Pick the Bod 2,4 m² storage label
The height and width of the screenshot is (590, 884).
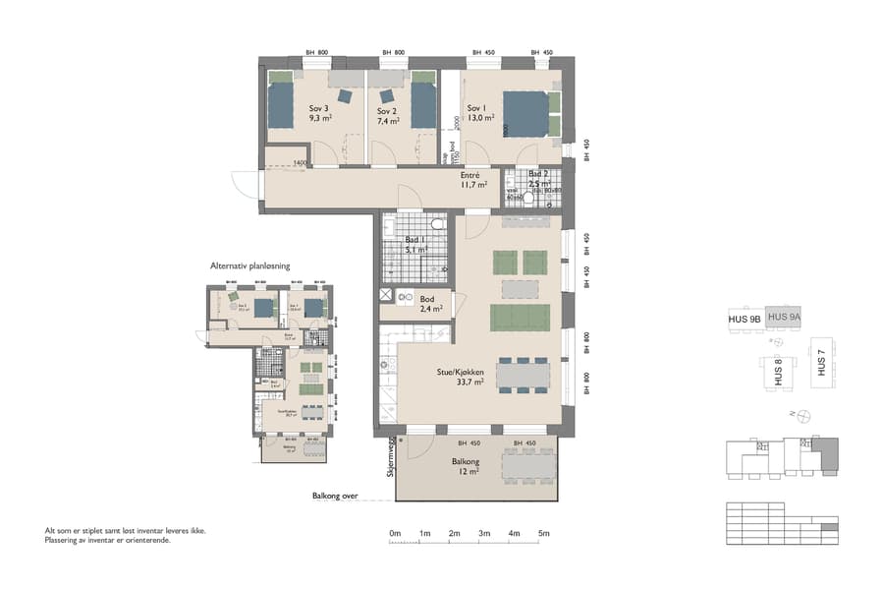pyautogui.click(x=430, y=303)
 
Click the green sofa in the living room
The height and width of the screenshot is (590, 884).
pyautogui.click(x=521, y=318)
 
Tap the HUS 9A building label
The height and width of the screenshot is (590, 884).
pyautogui.click(x=784, y=317)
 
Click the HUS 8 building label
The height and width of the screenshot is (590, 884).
pyautogui.click(x=774, y=373)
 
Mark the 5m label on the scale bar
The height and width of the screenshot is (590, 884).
pyautogui.click(x=544, y=533)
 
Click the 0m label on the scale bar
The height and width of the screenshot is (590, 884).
pyautogui.click(x=395, y=533)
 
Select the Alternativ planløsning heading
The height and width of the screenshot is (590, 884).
pyautogui.click(x=249, y=265)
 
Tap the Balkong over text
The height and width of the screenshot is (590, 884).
pyautogui.click(x=335, y=497)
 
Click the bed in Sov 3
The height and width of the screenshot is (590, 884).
pyautogui.click(x=281, y=103)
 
